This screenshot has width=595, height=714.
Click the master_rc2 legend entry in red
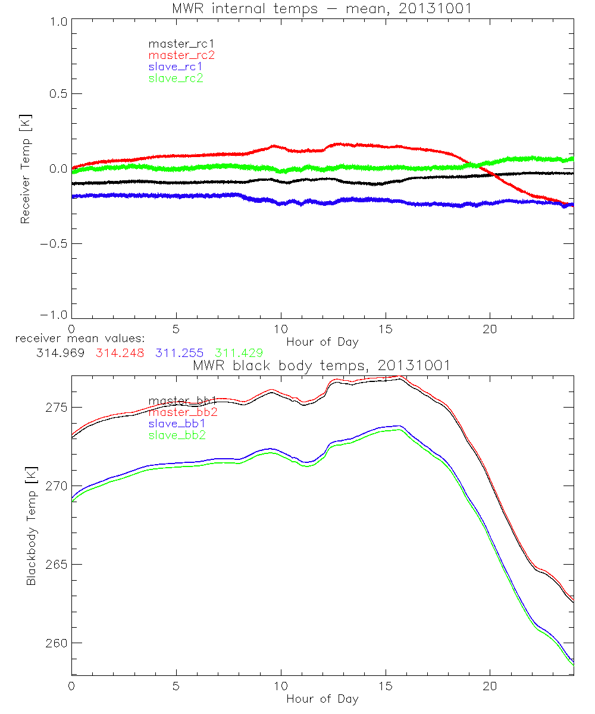pos(181,55)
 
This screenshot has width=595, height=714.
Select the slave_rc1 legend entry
pos(176,67)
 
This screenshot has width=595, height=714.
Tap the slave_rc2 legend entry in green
pos(176,78)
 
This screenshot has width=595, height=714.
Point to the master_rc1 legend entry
pos(181,43)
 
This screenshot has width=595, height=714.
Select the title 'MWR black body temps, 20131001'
pos(322,365)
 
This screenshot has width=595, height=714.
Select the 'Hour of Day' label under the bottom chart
pos(322,699)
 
